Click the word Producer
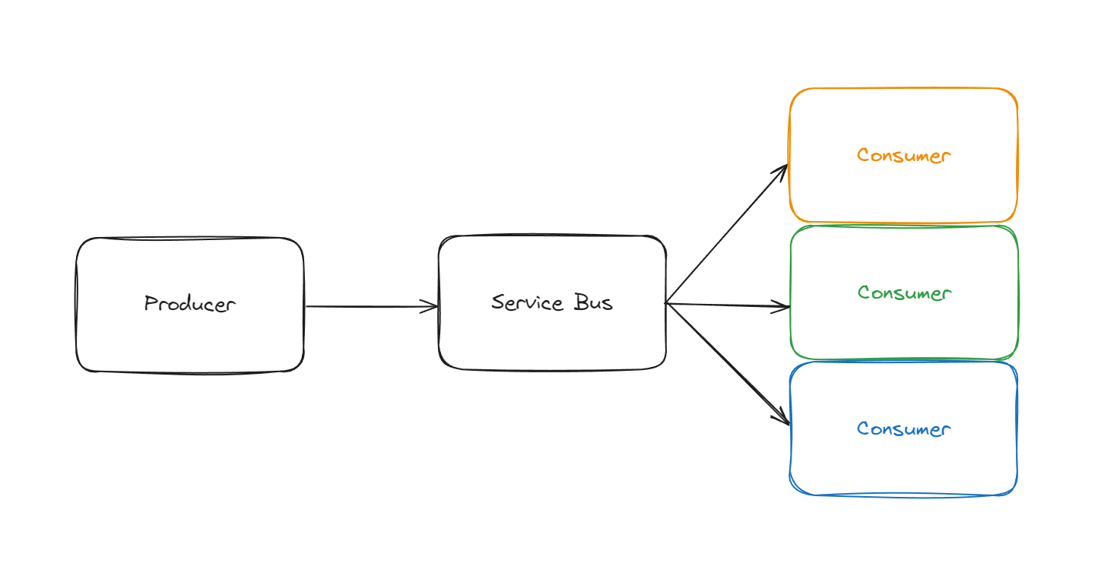pos(190,304)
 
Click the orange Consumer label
pos(903,155)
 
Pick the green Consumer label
pos(904,293)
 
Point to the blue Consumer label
pos(903,429)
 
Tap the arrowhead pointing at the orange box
pos(782,169)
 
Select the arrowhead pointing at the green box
pos(785,307)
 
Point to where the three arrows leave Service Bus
pos(667,304)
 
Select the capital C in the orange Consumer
pos(863,155)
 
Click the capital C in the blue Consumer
pos(863,429)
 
